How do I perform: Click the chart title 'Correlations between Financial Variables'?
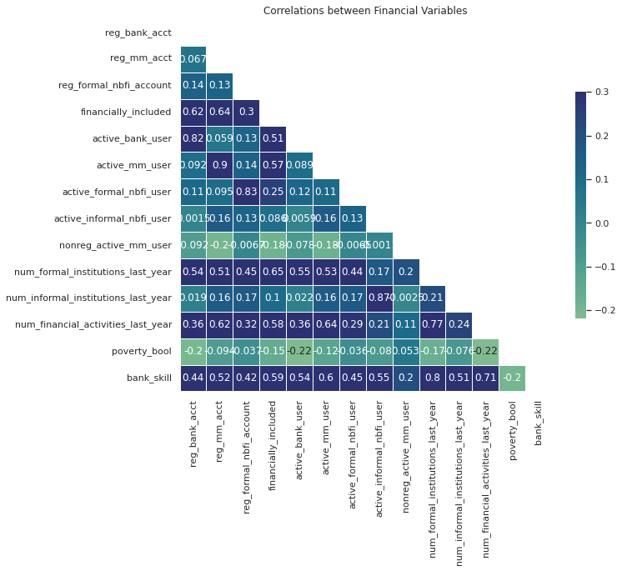365,11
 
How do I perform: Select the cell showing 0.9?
219,166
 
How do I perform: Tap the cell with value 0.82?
193,139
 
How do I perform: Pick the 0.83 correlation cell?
246,193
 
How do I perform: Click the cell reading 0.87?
379,298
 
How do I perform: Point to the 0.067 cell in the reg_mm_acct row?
193,59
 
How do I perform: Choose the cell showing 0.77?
433,325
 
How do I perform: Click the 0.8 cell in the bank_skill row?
433,378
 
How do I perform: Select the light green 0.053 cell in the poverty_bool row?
406,352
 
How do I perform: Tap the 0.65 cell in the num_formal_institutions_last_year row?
273,272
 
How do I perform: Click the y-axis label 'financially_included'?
126,112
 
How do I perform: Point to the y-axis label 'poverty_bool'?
142,352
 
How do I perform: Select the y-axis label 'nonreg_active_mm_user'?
115,245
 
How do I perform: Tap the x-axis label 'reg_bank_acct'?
193,433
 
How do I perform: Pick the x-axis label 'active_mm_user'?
327,437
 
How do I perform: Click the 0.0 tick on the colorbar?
601,223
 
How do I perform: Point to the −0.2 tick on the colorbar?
601,310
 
